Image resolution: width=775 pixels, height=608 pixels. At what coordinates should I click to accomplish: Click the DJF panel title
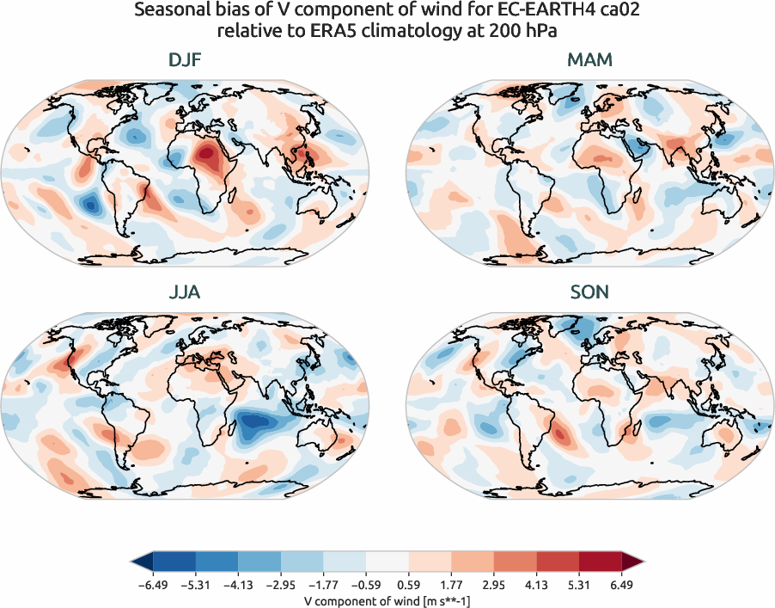pos(185,61)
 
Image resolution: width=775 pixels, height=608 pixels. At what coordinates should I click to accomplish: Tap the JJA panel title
pos(185,293)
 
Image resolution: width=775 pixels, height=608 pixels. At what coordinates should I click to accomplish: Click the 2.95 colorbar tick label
pos(495,583)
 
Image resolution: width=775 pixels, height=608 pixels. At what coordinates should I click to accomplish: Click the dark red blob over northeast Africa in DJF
pos(206,157)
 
